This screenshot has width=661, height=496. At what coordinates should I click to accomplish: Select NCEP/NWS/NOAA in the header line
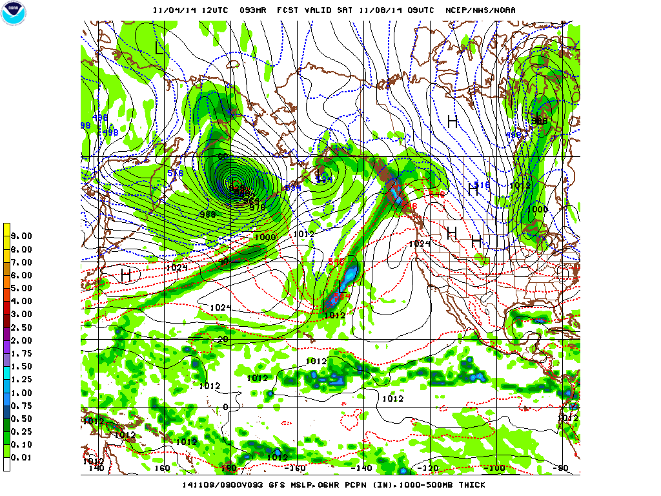click(x=482, y=10)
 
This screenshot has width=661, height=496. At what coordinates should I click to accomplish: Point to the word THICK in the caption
click(x=471, y=484)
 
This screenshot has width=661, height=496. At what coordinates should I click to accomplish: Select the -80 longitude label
click(x=564, y=468)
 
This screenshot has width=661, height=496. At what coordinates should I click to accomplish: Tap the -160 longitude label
click(x=296, y=468)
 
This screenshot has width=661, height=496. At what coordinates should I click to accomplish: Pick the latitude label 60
click(x=224, y=157)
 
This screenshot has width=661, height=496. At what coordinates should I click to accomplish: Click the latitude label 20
click(x=224, y=339)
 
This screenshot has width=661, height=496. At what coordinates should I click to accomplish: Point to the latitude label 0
click(x=226, y=407)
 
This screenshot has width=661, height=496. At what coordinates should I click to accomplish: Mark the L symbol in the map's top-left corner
click(x=159, y=48)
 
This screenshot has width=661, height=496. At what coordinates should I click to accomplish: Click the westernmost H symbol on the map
click(x=126, y=276)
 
